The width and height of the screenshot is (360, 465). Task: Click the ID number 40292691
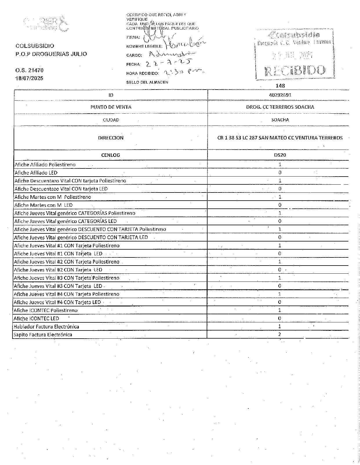280,95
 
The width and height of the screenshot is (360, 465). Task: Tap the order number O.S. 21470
29,70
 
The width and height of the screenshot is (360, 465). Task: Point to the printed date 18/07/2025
29,78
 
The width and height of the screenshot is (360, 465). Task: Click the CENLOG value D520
280,155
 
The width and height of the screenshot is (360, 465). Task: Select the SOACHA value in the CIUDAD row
280,120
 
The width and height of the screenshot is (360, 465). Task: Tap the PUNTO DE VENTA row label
111,107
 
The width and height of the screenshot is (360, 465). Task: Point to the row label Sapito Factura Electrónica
43,335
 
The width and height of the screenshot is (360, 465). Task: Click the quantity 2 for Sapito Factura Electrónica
279,334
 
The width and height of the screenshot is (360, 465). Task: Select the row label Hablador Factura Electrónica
46,326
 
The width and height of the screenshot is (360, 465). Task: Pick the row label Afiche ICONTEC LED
37,318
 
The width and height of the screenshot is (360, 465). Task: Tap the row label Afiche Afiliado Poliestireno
45,164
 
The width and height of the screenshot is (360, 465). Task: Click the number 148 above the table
281,86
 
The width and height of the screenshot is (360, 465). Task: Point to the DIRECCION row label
111,138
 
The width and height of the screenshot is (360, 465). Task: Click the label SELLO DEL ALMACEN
147,82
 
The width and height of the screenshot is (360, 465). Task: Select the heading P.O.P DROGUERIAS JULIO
51,54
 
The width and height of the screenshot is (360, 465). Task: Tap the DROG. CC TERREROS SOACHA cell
280,107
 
